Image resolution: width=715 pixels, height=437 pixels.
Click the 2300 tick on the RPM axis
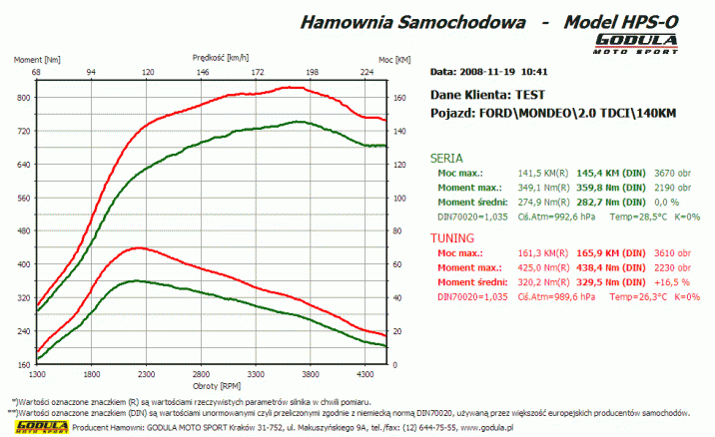tap(146, 373)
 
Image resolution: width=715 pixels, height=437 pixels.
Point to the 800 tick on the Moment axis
tap(23, 98)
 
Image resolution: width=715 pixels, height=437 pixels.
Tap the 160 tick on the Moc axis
tap(399, 98)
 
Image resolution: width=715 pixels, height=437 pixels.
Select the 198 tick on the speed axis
tap(313, 72)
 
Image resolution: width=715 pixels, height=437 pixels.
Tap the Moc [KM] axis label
tap(395, 60)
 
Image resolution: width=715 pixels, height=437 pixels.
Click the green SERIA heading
tap(445, 158)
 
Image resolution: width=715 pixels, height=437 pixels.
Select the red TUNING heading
tap(451, 239)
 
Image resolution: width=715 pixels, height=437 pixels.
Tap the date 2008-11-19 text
tap(488, 72)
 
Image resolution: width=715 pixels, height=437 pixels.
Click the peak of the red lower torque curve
tap(138, 247)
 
